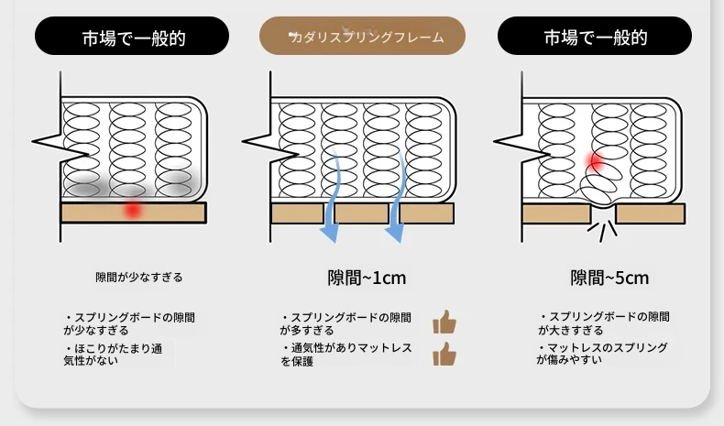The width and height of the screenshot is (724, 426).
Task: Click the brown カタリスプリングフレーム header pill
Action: point(362,36)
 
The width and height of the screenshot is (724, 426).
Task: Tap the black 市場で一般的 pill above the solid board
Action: point(132,36)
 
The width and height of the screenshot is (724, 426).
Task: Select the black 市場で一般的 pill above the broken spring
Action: point(595,36)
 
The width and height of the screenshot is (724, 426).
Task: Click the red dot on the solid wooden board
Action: point(133,209)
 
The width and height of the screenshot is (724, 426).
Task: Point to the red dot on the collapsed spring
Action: point(596,161)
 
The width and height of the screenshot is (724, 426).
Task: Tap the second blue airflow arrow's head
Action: point(396,233)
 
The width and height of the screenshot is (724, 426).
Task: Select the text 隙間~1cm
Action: point(367,278)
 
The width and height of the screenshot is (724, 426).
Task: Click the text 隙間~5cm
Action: point(610,278)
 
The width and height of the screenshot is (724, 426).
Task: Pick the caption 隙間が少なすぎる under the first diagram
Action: point(139,278)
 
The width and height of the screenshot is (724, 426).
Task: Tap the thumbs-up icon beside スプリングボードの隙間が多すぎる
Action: point(444,322)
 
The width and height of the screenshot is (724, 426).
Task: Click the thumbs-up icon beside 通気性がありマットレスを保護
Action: point(444,354)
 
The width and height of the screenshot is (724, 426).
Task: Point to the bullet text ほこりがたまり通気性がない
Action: point(114,355)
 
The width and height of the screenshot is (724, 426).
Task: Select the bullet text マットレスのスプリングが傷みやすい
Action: point(602,354)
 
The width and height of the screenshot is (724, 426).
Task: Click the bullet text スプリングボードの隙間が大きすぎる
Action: point(604,323)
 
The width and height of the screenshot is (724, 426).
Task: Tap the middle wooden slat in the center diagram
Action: point(361,213)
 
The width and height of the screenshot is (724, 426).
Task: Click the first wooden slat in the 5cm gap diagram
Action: point(557,213)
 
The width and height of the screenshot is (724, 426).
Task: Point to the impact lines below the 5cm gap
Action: point(602,230)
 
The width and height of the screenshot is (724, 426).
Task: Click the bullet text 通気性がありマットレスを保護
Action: point(346,355)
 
